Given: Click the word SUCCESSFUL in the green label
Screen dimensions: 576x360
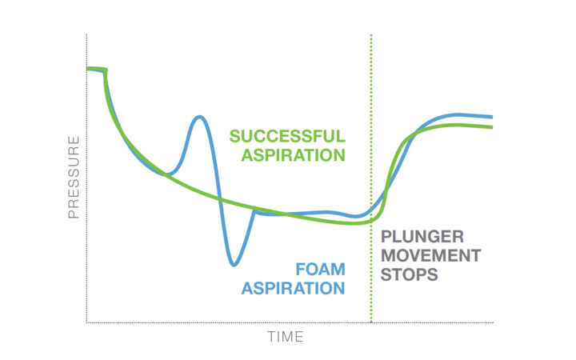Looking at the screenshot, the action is [287, 136].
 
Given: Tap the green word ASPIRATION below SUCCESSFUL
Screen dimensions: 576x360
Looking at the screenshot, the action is [293, 155].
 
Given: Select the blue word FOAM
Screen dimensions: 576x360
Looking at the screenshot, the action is [320, 270].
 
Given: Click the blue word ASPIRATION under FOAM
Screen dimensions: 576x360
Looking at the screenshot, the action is [293, 288].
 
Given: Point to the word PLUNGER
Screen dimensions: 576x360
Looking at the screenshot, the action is [422, 237].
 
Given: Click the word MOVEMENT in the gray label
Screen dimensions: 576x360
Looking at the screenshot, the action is [430, 256].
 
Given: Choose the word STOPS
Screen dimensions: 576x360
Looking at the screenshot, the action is [410, 274].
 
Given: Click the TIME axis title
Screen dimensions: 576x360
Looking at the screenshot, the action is [286, 337].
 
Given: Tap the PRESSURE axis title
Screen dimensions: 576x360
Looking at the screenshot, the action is [74, 178].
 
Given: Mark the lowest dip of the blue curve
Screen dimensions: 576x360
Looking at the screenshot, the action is [234, 265].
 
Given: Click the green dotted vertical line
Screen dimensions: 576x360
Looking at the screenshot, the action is [371, 178].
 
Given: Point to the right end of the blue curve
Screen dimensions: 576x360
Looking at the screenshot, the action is [492, 117].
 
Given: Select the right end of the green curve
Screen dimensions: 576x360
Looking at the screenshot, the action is [492, 127].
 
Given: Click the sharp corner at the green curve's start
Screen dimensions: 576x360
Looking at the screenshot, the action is [106, 70].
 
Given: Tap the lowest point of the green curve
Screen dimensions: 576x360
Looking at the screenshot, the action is [354, 223].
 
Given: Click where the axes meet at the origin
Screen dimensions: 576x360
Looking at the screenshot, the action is [86, 322].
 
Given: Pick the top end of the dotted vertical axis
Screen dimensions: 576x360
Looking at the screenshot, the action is [86, 34].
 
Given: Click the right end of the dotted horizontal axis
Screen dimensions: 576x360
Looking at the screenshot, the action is [493, 322].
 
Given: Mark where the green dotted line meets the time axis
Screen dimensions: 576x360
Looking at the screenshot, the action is [371, 322].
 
